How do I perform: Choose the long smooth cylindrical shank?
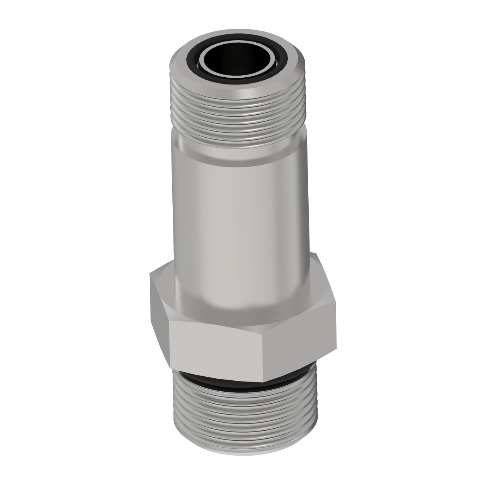(237, 225)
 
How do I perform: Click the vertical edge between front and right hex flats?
(264, 354)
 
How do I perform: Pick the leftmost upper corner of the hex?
(150, 274)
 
